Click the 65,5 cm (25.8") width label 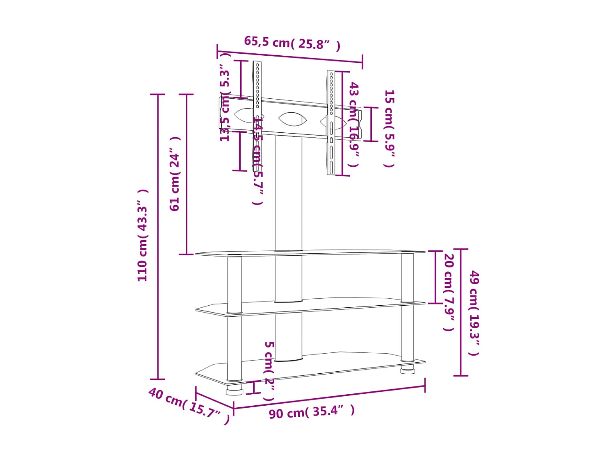click(x=292, y=43)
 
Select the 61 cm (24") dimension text click(x=175, y=174)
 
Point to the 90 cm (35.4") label click(x=312, y=412)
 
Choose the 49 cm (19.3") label click(x=474, y=313)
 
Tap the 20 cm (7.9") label click(x=449, y=292)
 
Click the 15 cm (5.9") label click(x=389, y=128)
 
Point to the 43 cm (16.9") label click(x=354, y=124)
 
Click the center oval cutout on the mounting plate click(x=292, y=119)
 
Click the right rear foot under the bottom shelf click(x=407, y=371)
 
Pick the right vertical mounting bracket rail click(x=331, y=123)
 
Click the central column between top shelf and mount click(x=288, y=193)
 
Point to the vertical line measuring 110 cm click(x=157, y=237)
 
